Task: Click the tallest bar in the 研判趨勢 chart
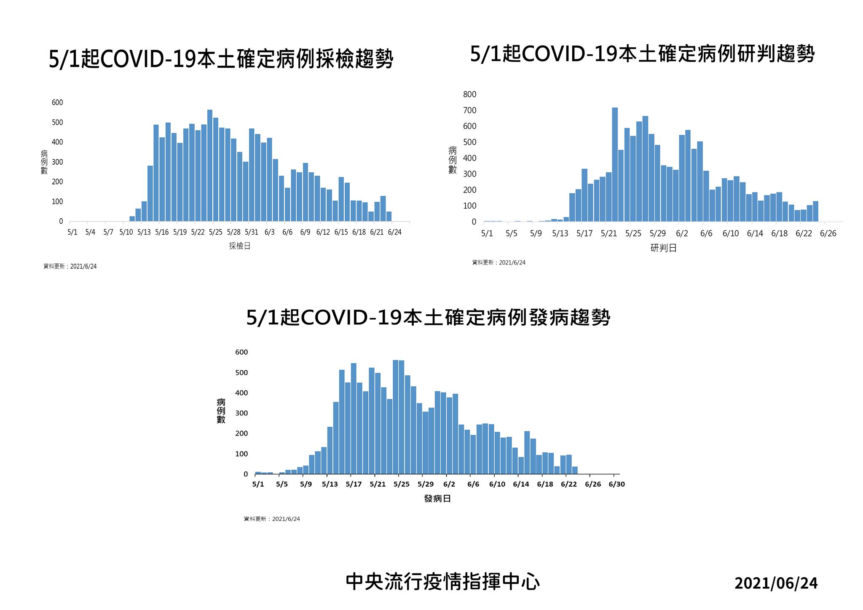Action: [615, 164]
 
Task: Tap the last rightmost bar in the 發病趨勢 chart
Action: [575, 470]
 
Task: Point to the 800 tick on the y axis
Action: [469, 94]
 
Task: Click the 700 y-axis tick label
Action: [469, 110]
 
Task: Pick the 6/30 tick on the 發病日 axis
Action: [616, 484]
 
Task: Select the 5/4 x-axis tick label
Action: [90, 232]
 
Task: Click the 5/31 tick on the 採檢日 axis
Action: [252, 232]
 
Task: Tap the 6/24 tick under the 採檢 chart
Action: [394, 232]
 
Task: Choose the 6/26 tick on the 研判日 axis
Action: [828, 233]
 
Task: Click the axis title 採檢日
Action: [240, 246]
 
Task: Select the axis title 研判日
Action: [663, 248]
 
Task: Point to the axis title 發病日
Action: [437, 499]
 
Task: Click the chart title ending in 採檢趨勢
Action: [221, 59]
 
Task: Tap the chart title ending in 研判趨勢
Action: [642, 54]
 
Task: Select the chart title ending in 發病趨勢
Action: [428, 317]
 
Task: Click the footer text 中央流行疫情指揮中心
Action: [442, 582]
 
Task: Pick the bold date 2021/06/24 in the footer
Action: [776, 583]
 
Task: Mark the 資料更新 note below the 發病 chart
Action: [272, 519]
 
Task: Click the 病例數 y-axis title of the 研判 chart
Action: [453, 160]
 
